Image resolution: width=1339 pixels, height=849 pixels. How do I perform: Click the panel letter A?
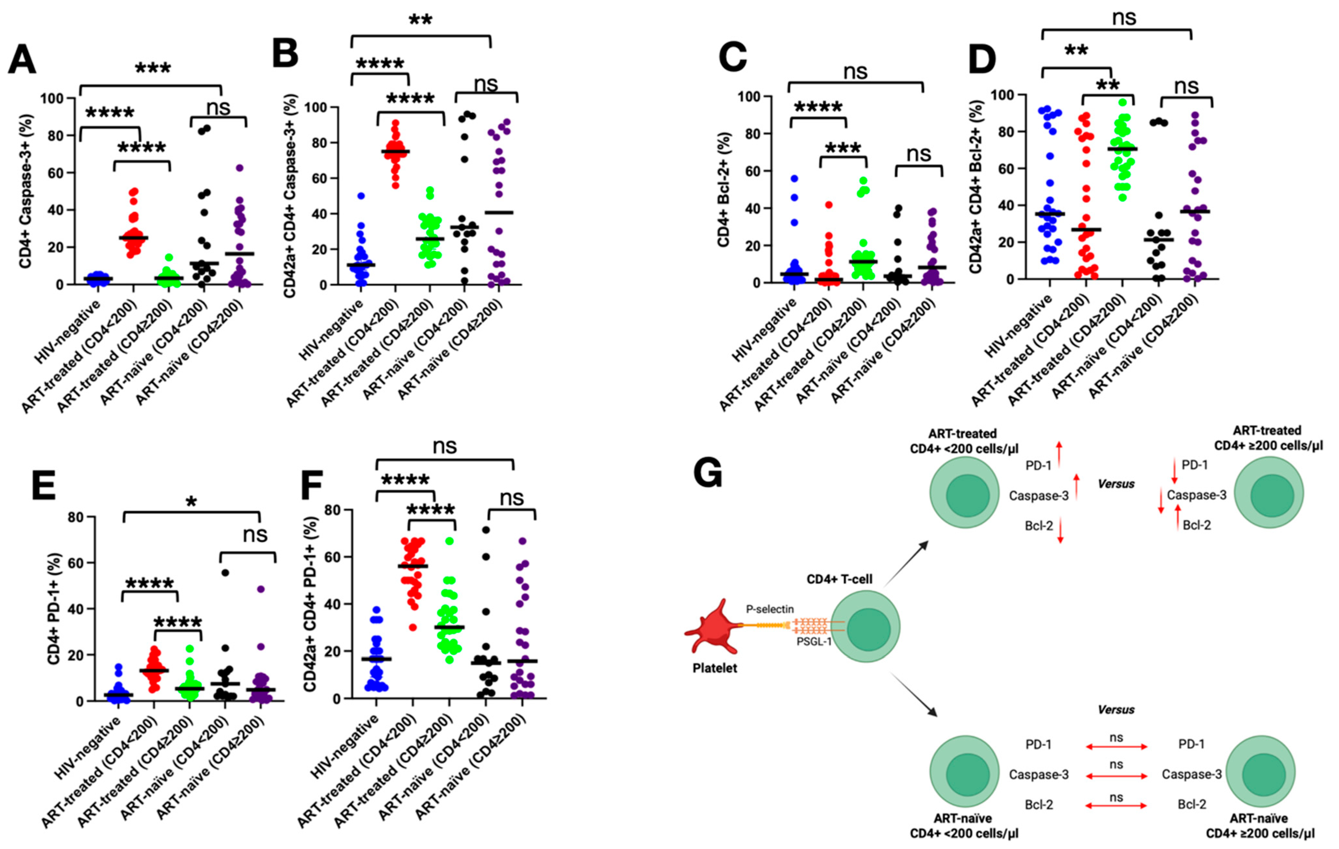tap(22, 60)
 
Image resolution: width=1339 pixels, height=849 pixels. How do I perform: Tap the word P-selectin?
tap(770, 609)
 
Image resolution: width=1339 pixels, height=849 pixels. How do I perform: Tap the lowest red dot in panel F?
tap(413, 627)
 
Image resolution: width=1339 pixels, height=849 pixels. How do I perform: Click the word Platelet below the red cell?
tap(715, 668)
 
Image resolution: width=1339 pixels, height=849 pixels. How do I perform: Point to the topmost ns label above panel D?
tap(1123, 18)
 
